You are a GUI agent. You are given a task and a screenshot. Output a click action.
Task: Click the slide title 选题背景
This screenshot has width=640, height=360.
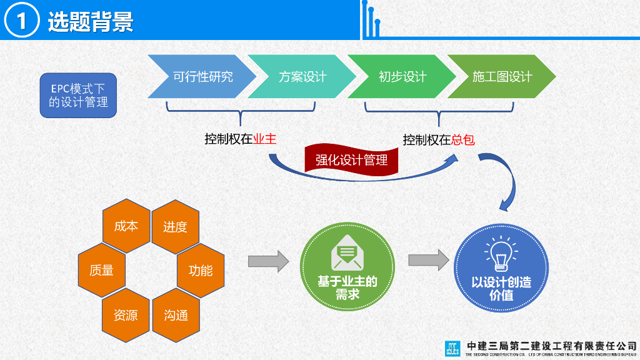point(91,22)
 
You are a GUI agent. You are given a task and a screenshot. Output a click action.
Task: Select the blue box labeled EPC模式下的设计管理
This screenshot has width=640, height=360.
point(78,96)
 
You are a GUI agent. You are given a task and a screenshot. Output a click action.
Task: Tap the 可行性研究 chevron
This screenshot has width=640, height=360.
point(201,77)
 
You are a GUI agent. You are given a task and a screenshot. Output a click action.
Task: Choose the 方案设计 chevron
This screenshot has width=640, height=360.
point(301,77)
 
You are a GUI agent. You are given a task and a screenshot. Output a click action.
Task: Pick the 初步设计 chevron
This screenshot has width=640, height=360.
point(401,77)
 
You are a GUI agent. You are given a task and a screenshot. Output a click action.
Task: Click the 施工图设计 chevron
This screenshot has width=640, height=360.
point(501,77)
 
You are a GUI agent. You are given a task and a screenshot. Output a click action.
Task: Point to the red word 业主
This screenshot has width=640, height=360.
point(264,139)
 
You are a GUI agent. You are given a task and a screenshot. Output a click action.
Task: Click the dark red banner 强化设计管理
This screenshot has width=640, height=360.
point(351,159)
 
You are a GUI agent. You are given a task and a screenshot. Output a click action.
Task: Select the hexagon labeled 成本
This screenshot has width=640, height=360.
point(126,226)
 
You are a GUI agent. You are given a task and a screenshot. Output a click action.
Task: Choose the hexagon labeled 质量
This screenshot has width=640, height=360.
point(101,271)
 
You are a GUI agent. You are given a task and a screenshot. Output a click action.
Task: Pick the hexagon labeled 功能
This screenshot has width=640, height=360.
point(201,271)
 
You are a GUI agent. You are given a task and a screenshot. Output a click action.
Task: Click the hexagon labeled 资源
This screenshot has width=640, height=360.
point(126,315)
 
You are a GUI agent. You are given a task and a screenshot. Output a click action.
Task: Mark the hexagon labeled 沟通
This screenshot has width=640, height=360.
point(176,315)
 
